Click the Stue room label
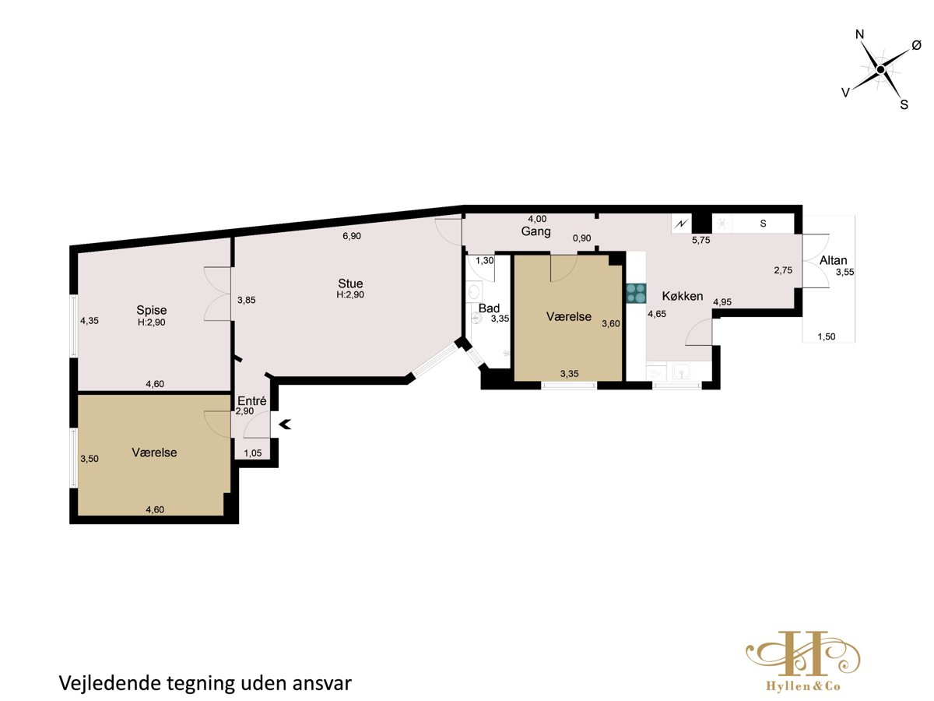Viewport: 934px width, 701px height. [x=350, y=284]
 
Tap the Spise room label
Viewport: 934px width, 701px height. [x=152, y=310]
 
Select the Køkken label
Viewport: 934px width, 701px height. [x=682, y=296]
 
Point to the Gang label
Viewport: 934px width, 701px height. [x=535, y=231]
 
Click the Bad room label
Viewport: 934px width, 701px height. [x=489, y=308]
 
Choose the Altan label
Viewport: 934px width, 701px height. [x=833, y=260]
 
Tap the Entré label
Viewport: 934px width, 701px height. [x=252, y=401]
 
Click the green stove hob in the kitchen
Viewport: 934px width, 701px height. [x=636, y=294]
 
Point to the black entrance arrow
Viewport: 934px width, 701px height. [x=285, y=424]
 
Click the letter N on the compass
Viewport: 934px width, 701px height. [x=859, y=34]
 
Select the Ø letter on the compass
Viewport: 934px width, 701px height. [x=917, y=45]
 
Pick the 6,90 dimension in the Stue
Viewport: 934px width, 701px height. [x=352, y=236]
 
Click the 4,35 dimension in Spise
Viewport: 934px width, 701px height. [x=90, y=321]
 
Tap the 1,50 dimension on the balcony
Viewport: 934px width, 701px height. [x=827, y=336]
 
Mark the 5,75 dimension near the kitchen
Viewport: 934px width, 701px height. [x=700, y=240]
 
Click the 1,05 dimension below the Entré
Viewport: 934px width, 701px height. [x=253, y=453]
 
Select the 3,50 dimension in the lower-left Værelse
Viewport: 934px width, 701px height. [x=90, y=459]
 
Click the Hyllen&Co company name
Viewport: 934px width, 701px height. [x=803, y=686]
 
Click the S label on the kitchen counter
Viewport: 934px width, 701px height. [x=763, y=224]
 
